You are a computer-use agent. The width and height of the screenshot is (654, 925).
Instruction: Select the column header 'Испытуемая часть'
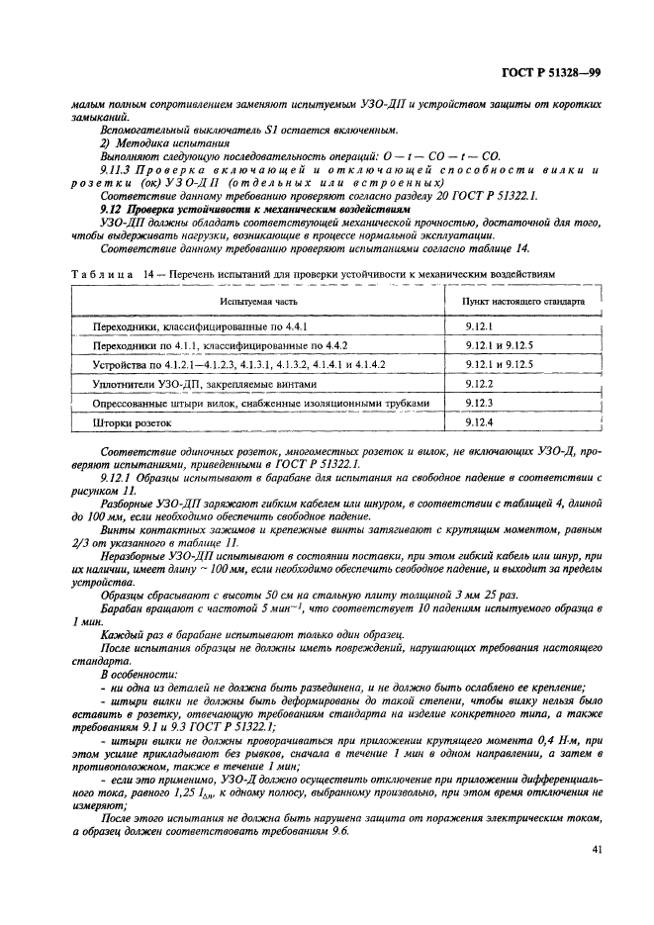260,299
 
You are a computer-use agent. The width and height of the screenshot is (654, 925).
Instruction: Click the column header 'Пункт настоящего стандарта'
523,299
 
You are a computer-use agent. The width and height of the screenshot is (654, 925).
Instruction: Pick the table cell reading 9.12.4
480,422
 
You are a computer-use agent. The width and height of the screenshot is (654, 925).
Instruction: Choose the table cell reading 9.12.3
480,403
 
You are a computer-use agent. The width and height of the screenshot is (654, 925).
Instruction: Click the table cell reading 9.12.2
480,383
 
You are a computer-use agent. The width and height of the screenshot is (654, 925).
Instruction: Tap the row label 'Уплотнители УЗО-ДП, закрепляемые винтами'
206,383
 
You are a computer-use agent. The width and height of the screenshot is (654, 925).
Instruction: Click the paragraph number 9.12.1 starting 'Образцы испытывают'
117,476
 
